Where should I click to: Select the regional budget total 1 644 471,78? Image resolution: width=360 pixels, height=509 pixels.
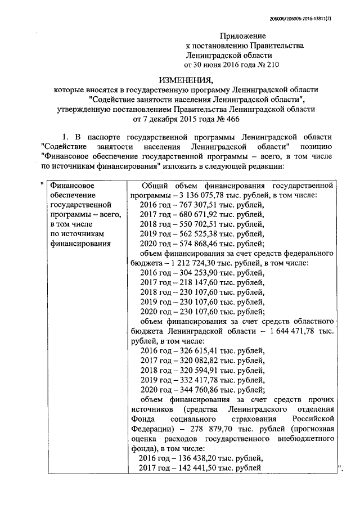click(293, 331)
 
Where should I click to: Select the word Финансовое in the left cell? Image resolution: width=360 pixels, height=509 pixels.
click(72, 185)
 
